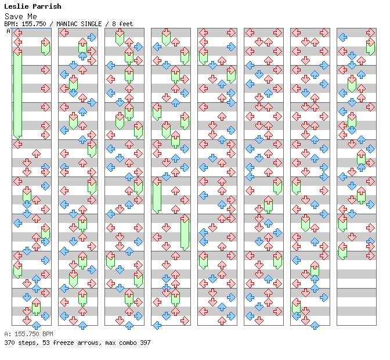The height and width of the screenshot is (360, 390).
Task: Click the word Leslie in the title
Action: click(17, 6)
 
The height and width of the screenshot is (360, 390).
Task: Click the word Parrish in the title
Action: click(47, 6)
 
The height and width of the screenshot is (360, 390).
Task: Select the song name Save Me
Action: click(20, 16)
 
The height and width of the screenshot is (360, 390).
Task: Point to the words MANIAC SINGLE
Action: click(78, 24)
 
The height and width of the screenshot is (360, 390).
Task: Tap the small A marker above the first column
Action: click(8, 31)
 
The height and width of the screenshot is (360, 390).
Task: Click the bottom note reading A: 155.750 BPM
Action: click(28, 334)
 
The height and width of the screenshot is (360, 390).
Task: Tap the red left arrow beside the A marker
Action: click(17, 33)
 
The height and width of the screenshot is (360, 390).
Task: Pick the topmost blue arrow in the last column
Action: click(342, 37)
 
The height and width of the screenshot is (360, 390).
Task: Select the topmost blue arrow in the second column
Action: click(92, 37)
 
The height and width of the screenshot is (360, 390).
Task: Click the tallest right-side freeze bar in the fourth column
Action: click(185, 232)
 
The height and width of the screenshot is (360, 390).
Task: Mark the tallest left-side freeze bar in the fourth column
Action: click(157, 196)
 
